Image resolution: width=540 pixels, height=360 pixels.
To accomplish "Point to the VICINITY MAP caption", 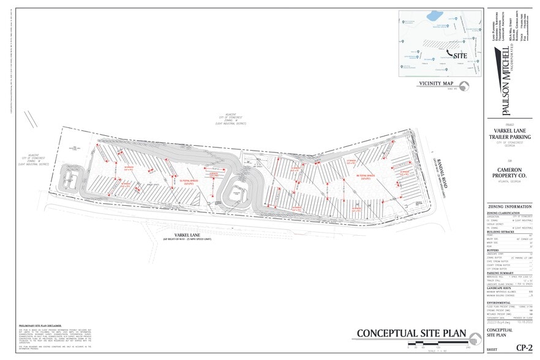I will tap(436, 83).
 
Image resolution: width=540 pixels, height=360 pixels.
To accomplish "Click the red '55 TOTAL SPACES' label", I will tap(187, 181).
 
